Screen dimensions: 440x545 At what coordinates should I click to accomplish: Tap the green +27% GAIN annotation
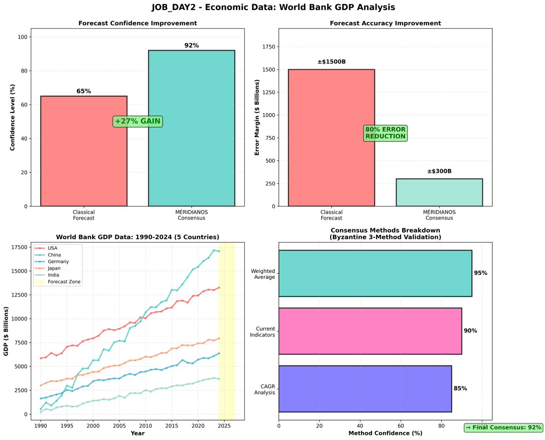tap(138, 121)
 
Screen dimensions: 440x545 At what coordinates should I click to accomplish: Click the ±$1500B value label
tap(331, 62)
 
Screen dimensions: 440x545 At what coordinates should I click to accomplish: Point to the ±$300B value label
tap(439, 171)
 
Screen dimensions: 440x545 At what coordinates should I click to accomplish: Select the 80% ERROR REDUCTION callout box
tap(385, 133)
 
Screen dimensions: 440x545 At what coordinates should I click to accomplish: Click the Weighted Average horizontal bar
tap(375, 273)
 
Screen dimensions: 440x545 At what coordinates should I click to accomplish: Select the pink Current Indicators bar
tap(370, 331)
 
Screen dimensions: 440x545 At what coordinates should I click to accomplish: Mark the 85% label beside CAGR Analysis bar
tap(460, 388)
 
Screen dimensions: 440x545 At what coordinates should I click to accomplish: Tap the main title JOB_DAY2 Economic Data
tap(273, 7)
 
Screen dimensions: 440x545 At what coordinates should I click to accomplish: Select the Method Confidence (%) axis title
tap(385, 433)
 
